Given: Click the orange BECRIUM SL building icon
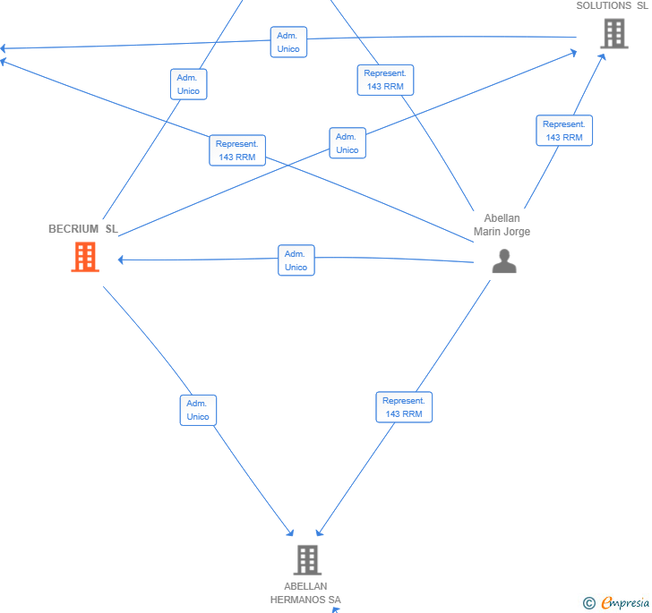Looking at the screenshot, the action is pyautogui.click(x=85, y=257).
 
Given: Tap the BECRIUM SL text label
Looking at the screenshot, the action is pyautogui.click(x=83, y=229).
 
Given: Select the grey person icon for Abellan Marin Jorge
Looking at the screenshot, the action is pyautogui.click(x=504, y=261).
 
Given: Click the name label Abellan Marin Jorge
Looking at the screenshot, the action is pyautogui.click(x=502, y=225).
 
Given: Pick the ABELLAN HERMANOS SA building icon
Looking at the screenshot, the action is pyautogui.click(x=307, y=560).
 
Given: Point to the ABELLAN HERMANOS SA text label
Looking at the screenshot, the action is pyautogui.click(x=305, y=593).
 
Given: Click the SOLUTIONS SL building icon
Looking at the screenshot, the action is pyautogui.click(x=614, y=34).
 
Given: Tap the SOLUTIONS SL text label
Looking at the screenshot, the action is pyautogui.click(x=612, y=5).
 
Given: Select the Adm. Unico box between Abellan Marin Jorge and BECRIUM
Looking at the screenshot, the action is pyautogui.click(x=296, y=260).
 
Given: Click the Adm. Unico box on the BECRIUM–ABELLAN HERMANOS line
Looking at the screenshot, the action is pyautogui.click(x=198, y=410).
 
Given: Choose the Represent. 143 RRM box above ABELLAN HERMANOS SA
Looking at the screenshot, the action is pyautogui.click(x=404, y=407).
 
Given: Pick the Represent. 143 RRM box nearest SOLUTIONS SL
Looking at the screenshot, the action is pyautogui.click(x=564, y=131).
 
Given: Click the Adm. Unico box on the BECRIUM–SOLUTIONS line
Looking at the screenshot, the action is pyautogui.click(x=347, y=143).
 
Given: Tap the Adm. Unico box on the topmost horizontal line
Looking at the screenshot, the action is pyautogui.click(x=288, y=42).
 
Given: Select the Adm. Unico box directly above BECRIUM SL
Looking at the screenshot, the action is pyautogui.click(x=188, y=84).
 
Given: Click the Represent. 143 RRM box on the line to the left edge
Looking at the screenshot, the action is pyautogui.click(x=237, y=150).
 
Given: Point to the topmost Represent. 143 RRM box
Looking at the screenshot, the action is pyautogui.click(x=385, y=80).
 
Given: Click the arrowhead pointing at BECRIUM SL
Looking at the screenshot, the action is pyautogui.click(x=121, y=260).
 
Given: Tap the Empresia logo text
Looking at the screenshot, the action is pyautogui.click(x=625, y=602).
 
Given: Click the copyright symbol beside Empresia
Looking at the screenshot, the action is pyautogui.click(x=589, y=603).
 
